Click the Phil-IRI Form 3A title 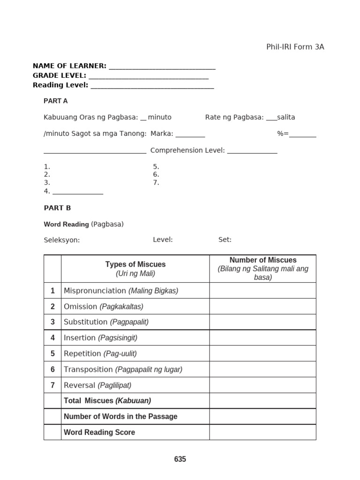point(295,47)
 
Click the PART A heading point(56,101)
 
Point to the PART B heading point(57,208)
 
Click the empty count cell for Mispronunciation point(262,291)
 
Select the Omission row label point(104,307)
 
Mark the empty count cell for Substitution point(262,322)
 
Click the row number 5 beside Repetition point(52,354)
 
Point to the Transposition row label point(123,369)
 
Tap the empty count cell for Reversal point(262,385)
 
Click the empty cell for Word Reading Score point(262,432)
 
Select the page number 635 point(180,459)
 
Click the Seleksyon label point(62,240)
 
